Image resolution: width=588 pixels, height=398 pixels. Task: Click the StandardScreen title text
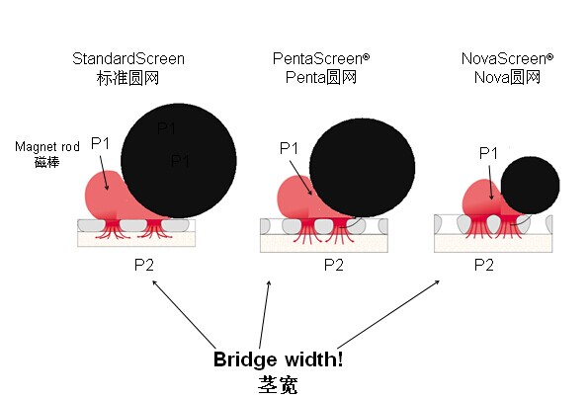[128, 59]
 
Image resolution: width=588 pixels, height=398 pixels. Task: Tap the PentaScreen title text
[321, 58]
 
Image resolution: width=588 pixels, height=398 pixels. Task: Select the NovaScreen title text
[507, 58]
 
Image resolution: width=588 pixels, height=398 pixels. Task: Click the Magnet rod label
[47, 146]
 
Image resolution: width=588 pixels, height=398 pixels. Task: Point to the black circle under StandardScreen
[179, 161]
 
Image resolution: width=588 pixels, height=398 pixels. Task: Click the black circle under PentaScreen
[363, 168]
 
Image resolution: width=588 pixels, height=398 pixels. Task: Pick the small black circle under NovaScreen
[531, 186]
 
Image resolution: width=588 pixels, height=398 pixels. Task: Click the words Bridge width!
[278, 359]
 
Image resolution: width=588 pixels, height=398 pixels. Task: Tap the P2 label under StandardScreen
[144, 265]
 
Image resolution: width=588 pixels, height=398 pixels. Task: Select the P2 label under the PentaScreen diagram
[334, 265]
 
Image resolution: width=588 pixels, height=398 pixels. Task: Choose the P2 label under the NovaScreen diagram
[484, 265]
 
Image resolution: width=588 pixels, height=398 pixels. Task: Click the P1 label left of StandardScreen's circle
[100, 143]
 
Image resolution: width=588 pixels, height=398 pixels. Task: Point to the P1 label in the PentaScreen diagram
[289, 148]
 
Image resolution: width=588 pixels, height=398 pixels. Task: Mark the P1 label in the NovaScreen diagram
[488, 153]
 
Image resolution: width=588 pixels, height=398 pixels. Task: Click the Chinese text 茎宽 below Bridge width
[278, 385]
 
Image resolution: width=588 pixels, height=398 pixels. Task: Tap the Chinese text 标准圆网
[127, 78]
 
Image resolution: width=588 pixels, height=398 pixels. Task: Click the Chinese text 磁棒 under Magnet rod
[46, 162]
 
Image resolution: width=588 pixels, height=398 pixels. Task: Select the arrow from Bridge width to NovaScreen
[388, 314]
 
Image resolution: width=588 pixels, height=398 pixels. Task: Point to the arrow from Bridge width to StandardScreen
[184, 314]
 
